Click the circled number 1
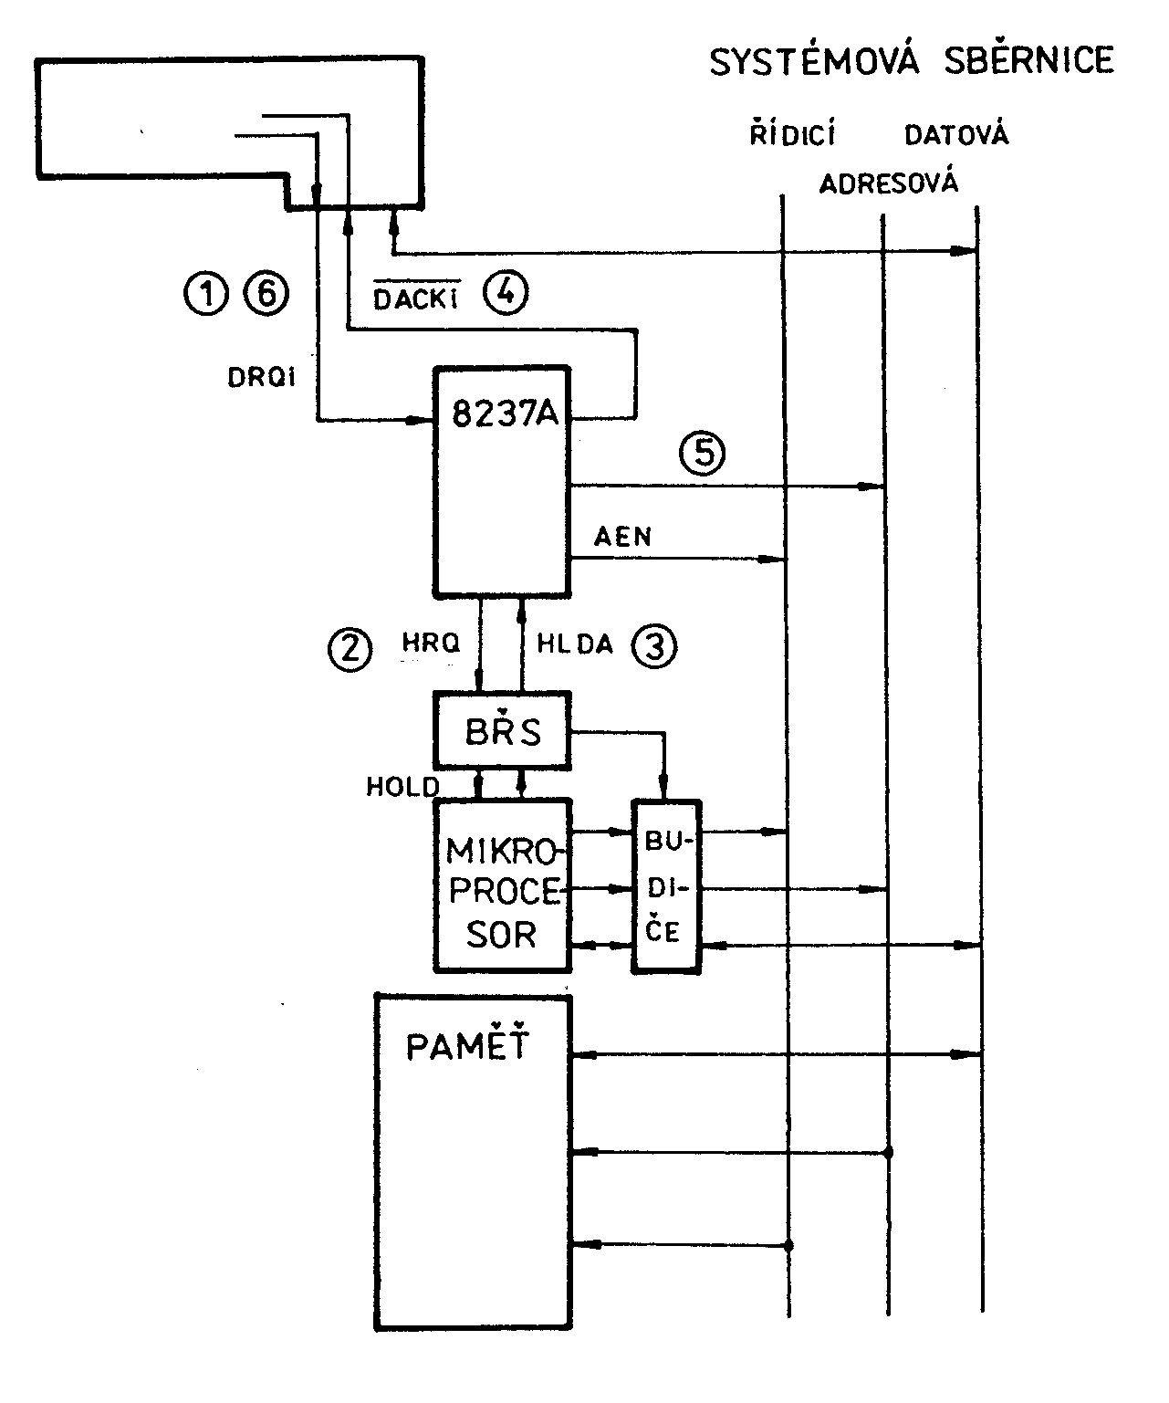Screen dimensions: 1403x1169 click(x=206, y=295)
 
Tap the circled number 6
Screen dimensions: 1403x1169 click(x=266, y=295)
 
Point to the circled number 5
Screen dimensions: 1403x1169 click(x=702, y=454)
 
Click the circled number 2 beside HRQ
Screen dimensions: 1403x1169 click(x=350, y=650)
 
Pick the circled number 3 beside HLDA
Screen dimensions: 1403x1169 click(x=654, y=646)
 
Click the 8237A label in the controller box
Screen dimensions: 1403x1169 click(x=506, y=415)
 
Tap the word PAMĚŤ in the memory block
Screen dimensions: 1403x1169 click(x=468, y=1046)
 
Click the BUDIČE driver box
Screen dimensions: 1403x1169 click(x=667, y=886)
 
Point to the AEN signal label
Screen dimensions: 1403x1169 click(x=623, y=537)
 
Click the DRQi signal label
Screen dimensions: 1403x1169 click(x=261, y=377)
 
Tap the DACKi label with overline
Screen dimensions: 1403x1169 click(x=415, y=298)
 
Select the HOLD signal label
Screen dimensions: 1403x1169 click(x=402, y=787)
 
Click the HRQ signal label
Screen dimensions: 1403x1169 click(x=431, y=644)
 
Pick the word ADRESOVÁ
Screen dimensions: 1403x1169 click(x=888, y=184)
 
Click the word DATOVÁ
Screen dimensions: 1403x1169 click(x=956, y=136)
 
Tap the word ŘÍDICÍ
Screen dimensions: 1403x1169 click(x=792, y=136)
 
